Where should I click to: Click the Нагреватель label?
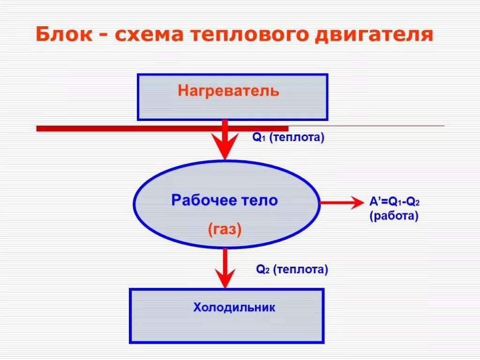click(228, 90)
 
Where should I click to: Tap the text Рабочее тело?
click(225, 201)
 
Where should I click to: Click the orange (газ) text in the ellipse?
click(225, 229)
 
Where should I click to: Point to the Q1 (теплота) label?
click(288, 138)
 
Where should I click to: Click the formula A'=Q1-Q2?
click(394, 202)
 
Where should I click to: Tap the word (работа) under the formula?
click(394, 217)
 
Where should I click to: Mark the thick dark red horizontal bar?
click(141, 128)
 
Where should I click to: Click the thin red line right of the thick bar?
click(366, 126)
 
